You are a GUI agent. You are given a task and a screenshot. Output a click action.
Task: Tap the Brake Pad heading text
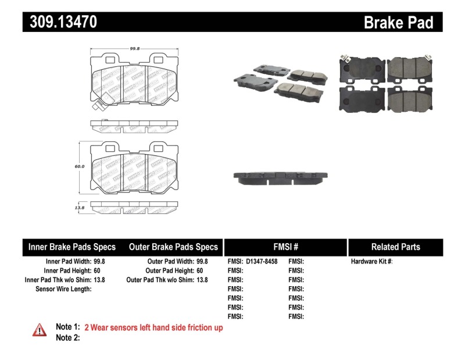(x=398, y=22)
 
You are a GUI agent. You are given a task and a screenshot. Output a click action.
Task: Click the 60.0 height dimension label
(x=80, y=166)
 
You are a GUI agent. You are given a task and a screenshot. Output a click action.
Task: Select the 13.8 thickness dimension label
(x=80, y=207)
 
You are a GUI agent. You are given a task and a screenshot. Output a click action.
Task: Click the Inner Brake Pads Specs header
(x=72, y=247)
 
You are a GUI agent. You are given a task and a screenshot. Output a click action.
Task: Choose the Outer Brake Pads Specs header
(x=173, y=247)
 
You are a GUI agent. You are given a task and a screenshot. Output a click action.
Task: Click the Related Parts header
(x=395, y=247)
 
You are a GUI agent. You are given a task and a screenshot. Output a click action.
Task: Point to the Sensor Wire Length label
(x=63, y=289)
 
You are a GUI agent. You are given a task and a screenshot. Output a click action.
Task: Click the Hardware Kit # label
(x=371, y=262)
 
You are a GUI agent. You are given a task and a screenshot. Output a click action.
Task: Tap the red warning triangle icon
(x=40, y=329)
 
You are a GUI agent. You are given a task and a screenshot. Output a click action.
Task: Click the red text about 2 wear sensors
(x=153, y=328)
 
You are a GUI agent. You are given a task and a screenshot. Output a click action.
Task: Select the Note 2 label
(x=67, y=338)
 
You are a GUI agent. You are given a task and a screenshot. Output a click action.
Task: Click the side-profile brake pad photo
(x=281, y=178)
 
